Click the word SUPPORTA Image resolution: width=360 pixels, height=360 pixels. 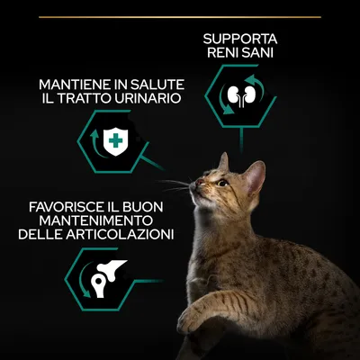click(x=240, y=39)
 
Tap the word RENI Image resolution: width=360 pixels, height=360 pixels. click(x=223, y=53)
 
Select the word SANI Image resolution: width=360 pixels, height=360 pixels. click(x=258, y=53)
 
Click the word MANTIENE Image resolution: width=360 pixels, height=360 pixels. click(x=76, y=85)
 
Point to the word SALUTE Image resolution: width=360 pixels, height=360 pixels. click(x=159, y=85)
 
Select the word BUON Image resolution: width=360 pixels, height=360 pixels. click(x=143, y=207)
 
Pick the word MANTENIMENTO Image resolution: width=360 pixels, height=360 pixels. click(x=96, y=221)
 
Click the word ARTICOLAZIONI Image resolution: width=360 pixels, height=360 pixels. click(x=120, y=235)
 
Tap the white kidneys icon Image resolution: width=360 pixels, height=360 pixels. click(x=241, y=95)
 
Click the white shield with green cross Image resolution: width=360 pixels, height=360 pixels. click(x=115, y=141)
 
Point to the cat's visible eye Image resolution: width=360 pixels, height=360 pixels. click(x=222, y=183)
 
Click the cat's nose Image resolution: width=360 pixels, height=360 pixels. click(x=199, y=182)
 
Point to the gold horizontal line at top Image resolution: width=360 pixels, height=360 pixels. click(x=180, y=17)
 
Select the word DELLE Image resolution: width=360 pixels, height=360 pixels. click(x=40, y=235)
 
